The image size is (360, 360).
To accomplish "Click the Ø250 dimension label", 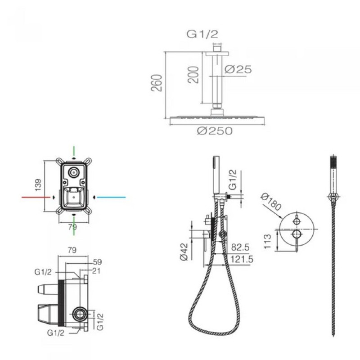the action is [x=215, y=131].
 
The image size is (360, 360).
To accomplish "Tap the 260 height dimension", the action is [x=157, y=83].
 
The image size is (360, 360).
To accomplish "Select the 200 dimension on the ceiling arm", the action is [x=193, y=75].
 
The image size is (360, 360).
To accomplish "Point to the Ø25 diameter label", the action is [x=238, y=69].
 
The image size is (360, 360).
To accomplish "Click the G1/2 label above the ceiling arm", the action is [x=202, y=34].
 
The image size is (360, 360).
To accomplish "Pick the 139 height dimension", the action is [x=38, y=185].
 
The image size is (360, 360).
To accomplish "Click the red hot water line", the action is [x=36, y=197].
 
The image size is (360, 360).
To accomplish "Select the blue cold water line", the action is [x=111, y=197].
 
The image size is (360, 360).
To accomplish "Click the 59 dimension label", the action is [x=97, y=262].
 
